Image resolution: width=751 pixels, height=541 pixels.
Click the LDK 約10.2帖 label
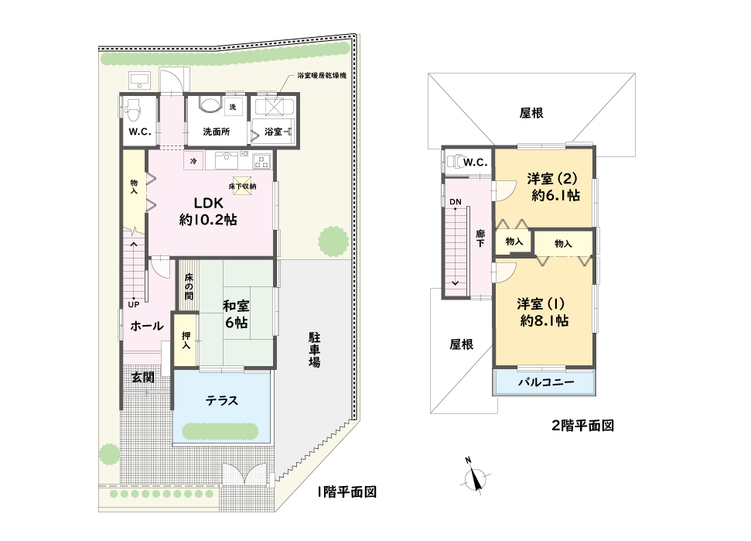[x=208, y=211]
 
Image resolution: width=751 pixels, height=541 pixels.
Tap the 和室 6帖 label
[x=236, y=314]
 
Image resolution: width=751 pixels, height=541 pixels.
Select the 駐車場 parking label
[x=314, y=350]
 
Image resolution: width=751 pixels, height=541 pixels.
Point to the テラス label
[x=222, y=401]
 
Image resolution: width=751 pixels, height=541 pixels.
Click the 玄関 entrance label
[x=143, y=377]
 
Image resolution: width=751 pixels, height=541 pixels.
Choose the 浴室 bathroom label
[x=274, y=132]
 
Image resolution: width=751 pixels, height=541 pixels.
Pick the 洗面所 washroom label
[x=217, y=132]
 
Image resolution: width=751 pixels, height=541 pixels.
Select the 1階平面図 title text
[x=347, y=491]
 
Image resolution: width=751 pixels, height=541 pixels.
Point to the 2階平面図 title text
[x=583, y=426]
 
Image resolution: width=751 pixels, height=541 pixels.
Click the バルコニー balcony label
[x=546, y=382]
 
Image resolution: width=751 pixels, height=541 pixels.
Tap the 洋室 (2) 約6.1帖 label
[x=553, y=187]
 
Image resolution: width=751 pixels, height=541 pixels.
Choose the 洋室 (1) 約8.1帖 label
[x=543, y=312]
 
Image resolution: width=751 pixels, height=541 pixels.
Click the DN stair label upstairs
[x=456, y=202]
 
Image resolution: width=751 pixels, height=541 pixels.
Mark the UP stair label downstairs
[x=134, y=304]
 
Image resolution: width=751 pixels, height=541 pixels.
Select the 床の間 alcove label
[x=189, y=286]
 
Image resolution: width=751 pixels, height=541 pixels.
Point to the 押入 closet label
[x=186, y=341]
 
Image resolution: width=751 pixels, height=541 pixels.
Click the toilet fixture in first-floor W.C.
[x=133, y=111]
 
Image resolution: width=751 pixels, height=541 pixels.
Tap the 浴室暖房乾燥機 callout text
[x=322, y=75]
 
